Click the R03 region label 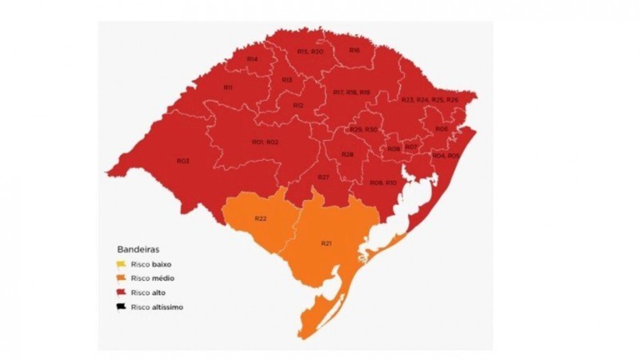(182, 161)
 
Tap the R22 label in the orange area (261, 218)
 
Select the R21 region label (327, 242)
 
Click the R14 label (252, 59)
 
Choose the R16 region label (354, 49)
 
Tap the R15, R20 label (310, 51)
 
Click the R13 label (287, 80)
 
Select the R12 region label (298, 106)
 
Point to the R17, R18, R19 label (351, 92)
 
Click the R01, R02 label (265, 142)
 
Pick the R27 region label (323, 177)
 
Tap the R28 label (347, 154)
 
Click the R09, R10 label (382, 182)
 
